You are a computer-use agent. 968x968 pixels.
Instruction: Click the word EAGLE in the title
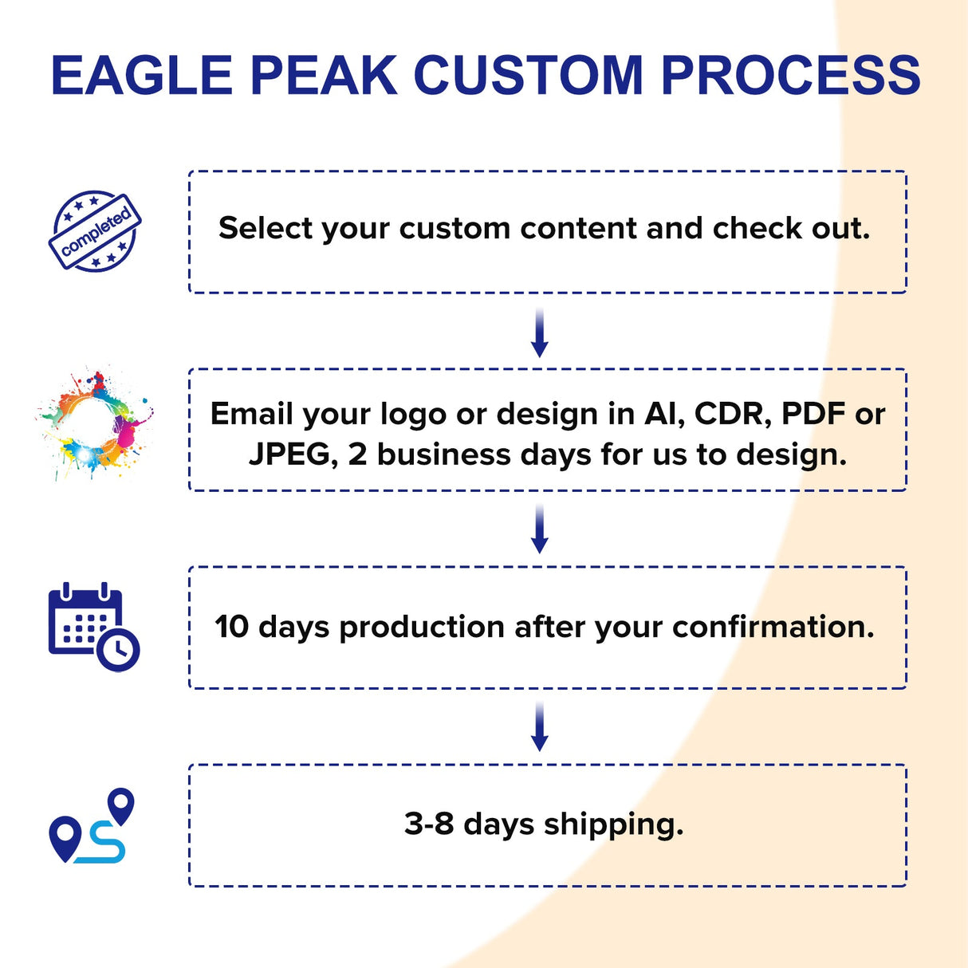coord(141,76)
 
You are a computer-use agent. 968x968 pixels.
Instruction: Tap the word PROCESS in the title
coord(790,76)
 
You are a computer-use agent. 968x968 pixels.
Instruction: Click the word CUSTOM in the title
coord(528,76)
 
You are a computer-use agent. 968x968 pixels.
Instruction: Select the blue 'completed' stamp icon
coord(95,231)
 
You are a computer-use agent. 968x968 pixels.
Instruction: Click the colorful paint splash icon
coord(95,424)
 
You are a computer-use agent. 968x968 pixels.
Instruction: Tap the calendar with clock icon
coord(93,628)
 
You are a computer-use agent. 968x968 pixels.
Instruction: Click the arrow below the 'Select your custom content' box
coord(540,333)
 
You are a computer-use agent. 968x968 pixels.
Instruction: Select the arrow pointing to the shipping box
coord(540,726)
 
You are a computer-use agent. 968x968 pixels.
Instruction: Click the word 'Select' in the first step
coord(266,228)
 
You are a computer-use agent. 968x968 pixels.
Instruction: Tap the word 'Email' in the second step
coord(251,414)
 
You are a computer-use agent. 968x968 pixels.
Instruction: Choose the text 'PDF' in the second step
coord(813,414)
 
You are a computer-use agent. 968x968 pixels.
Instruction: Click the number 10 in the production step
coord(232,627)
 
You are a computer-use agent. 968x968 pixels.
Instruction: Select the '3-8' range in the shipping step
coord(429,824)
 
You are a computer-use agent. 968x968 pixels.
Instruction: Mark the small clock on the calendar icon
coord(119,650)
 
